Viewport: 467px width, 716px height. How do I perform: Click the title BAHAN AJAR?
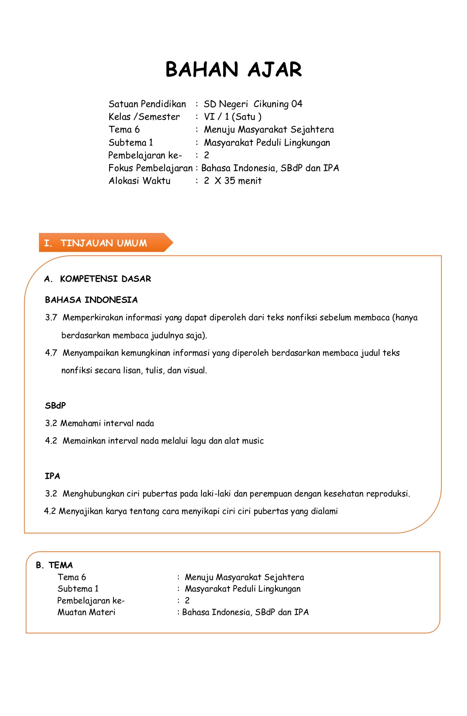click(234, 70)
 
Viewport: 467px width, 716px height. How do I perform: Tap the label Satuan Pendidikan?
click(147, 104)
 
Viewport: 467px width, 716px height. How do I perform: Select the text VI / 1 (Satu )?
click(233, 117)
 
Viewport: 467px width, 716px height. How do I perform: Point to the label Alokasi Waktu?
click(139, 181)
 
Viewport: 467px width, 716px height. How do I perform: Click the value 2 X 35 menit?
click(233, 181)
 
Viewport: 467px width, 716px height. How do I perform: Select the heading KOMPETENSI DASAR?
click(105, 279)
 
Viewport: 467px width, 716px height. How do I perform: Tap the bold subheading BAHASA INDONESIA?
click(91, 300)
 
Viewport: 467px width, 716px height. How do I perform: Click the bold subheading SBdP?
click(55, 406)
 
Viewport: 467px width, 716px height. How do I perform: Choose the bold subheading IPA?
click(52, 476)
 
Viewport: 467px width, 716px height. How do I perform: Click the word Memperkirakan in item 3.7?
click(93, 318)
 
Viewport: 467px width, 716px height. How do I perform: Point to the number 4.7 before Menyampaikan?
click(51, 353)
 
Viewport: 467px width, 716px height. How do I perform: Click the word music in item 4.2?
click(253, 441)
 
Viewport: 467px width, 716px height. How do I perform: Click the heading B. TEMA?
click(54, 565)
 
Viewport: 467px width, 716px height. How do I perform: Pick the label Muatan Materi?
click(86, 612)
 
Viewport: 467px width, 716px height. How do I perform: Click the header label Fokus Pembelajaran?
click(150, 168)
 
